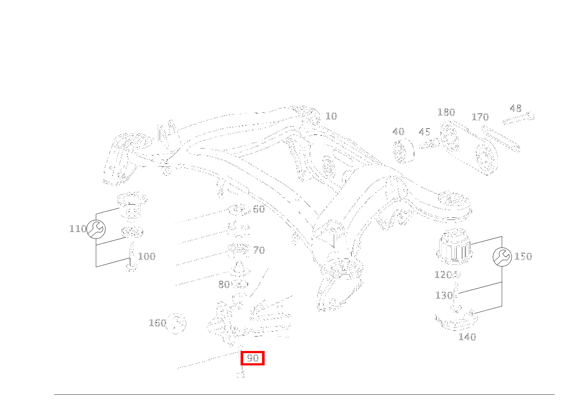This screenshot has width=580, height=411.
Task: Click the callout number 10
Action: pos(331,116)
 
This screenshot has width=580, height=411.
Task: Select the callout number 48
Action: pos(516,108)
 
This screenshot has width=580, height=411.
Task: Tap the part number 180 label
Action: pos(446,112)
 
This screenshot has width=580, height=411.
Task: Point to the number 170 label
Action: pos(480,117)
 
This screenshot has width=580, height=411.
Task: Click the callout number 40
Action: pos(398,132)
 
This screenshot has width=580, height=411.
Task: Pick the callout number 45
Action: pos(424,132)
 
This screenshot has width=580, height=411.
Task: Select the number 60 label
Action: pos(259,209)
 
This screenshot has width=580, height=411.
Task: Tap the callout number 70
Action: pos(259,250)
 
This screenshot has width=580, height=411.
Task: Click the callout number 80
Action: pos(224,285)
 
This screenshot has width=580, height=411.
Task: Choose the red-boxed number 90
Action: pos(253,358)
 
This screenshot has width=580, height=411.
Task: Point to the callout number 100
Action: pos(147,256)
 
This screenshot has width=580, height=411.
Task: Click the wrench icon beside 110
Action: pos(96,229)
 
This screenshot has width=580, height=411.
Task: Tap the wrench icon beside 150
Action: pos(502,257)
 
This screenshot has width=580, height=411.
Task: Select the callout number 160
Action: pos(157,323)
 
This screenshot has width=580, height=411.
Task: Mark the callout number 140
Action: pos(467,337)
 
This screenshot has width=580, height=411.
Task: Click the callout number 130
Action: pos(444,295)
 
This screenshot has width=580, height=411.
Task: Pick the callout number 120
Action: pos(443,275)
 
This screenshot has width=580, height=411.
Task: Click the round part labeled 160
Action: pos(176,323)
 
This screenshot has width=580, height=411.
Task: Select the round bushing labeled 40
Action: pos(403,151)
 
